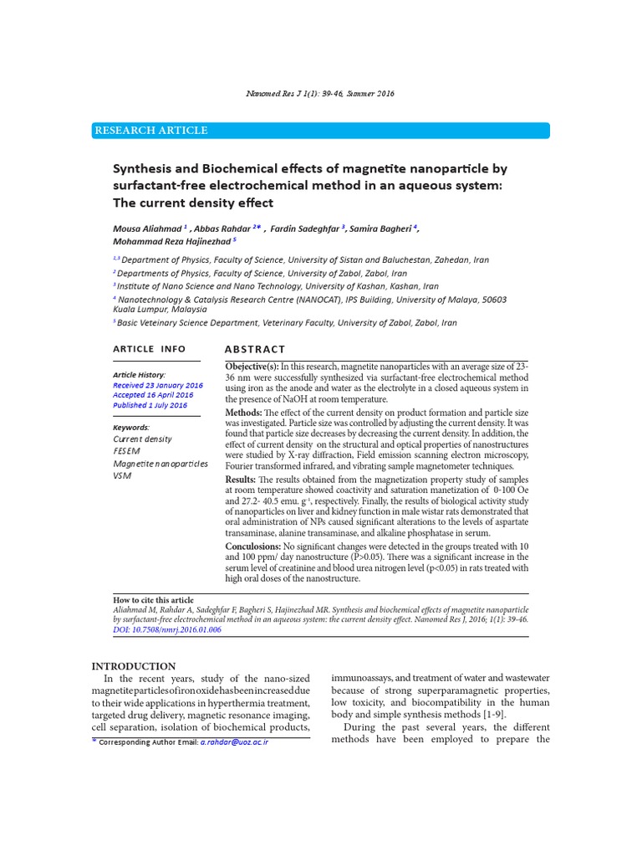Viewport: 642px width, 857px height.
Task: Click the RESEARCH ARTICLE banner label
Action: point(151,131)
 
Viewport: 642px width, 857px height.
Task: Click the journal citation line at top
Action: point(321,94)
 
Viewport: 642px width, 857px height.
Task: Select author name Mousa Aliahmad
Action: point(147,228)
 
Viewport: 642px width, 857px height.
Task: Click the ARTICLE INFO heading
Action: point(150,349)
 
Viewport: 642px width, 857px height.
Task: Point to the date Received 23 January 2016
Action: point(157,385)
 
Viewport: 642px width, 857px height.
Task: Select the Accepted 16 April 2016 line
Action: point(153,395)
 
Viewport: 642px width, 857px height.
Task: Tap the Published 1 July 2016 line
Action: point(150,405)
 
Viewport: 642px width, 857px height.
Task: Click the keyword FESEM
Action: point(127,451)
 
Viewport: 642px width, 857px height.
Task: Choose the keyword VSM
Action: point(122,475)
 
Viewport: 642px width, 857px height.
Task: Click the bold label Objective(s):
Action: point(252,367)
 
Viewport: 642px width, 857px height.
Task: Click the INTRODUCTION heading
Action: point(134,666)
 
